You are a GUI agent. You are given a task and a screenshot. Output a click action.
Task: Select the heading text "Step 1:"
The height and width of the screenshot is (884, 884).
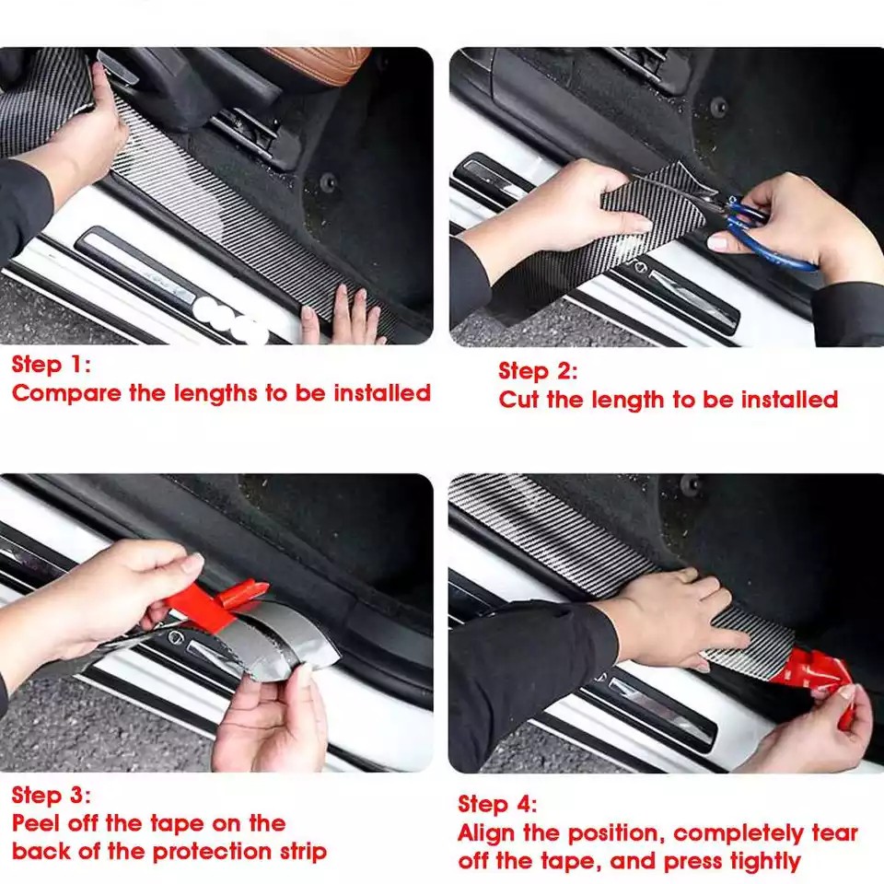(51, 365)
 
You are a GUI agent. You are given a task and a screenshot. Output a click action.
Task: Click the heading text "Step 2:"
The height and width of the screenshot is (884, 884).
(538, 371)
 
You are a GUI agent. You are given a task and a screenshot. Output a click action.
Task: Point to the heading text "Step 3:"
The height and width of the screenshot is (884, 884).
(51, 795)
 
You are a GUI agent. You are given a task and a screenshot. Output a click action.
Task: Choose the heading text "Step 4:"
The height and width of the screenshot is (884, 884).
(497, 804)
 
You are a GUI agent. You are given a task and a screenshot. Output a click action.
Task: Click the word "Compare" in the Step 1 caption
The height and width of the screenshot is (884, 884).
(66, 393)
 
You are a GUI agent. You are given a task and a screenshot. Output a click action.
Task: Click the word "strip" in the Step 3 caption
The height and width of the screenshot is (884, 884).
(303, 852)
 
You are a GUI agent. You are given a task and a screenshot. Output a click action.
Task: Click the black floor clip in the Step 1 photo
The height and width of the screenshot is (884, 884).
(328, 182)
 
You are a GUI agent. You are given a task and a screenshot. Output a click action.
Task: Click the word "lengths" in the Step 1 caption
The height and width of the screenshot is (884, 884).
(215, 393)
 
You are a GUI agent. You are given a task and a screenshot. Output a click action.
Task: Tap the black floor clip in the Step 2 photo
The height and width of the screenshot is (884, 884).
(718, 105)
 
